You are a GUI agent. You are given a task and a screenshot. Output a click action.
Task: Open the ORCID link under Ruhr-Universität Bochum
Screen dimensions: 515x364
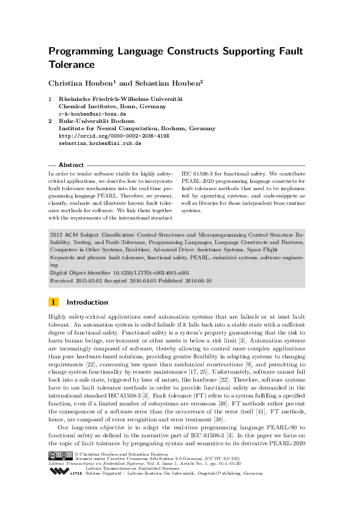click(x=105, y=136)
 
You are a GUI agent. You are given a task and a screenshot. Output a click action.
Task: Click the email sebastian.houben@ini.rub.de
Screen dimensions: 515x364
click(x=100, y=143)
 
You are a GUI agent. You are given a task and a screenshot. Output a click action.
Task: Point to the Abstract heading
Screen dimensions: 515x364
click(x=71, y=165)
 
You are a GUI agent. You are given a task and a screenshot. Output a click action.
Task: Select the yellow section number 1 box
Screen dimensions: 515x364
click(x=54, y=302)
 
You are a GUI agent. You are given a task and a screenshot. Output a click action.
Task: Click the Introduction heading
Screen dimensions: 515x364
click(x=87, y=302)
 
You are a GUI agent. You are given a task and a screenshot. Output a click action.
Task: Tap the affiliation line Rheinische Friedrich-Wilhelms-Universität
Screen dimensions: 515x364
click(x=121, y=99)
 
